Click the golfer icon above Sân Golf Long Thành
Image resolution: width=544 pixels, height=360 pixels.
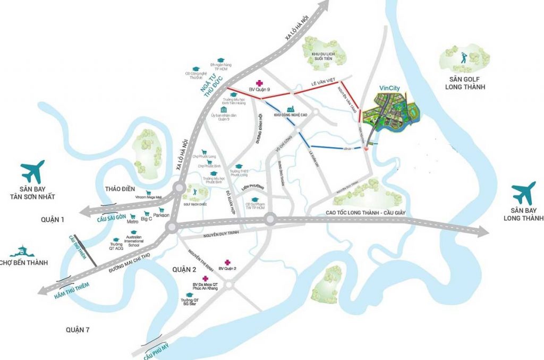point(462,55)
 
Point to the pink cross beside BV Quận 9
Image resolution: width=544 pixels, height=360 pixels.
point(259,83)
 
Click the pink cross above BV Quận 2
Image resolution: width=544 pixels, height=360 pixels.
point(227,262)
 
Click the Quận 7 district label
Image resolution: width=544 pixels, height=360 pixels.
point(78,330)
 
